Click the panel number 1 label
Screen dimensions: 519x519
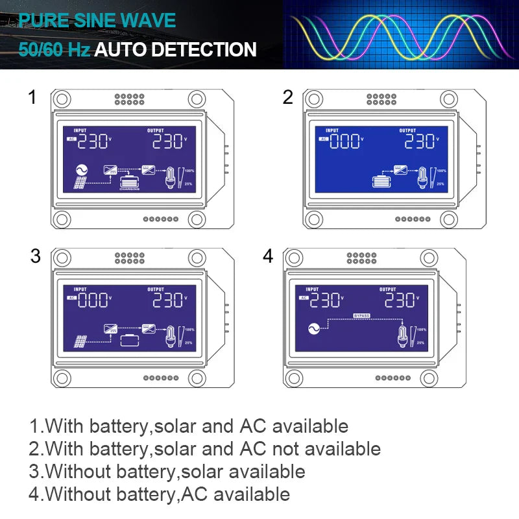32,97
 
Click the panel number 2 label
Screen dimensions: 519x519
288,97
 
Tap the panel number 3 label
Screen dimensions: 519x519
35,256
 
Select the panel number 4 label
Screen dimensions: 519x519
268,256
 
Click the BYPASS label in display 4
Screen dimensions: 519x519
361,315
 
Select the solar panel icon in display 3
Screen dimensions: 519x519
80,341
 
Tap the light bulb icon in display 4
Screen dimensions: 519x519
403,335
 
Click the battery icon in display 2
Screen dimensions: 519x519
380,182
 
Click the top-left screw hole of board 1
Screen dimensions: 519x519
62,99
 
